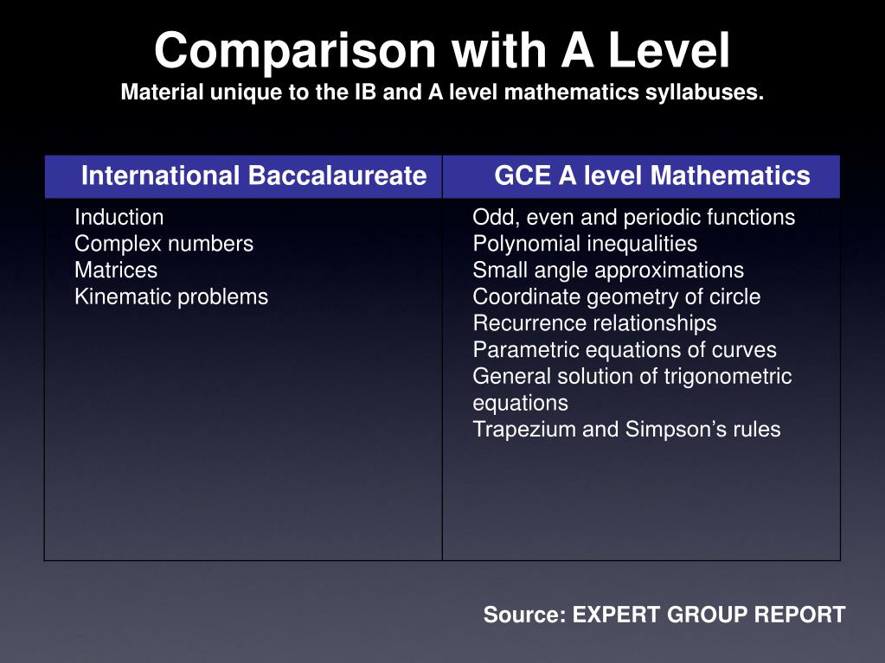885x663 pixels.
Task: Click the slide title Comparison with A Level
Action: (442, 50)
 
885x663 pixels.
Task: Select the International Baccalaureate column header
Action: (253, 176)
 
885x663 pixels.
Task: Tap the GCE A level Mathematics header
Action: (651, 176)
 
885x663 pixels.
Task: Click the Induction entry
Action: (119, 217)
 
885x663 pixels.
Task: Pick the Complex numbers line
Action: (164, 244)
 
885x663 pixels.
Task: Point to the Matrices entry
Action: (116, 271)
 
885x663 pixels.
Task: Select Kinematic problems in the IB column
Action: (171, 297)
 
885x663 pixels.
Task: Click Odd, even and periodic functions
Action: (633, 217)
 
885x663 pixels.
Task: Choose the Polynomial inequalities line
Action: (585, 244)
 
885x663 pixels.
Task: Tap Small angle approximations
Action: (608, 271)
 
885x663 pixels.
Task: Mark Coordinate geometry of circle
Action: (617, 297)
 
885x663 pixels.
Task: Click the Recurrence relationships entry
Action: (594, 323)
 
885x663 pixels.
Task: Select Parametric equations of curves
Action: (625, 350)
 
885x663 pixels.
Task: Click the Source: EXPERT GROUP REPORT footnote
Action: (664, 615)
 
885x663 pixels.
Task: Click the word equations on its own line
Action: (520, 404)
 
